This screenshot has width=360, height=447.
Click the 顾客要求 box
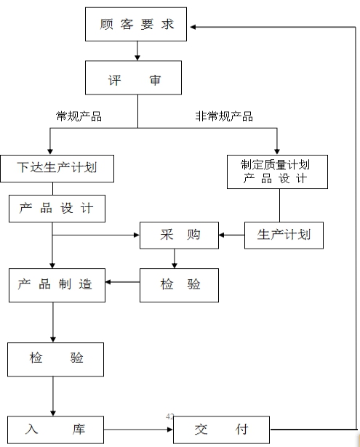(x=136, y=24)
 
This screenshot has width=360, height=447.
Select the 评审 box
(x=133, y=78)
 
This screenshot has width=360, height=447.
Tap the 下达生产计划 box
(x=57, y=169)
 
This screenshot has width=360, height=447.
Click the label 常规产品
(x=79, y=116)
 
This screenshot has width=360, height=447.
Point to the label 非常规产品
(x=224, y=116)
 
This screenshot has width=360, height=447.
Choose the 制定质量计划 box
(x=277, y=172)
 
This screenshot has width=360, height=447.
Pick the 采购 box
(x=179, y=235)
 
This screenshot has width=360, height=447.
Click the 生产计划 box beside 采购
(x=284, y=235)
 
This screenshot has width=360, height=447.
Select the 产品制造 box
(x=57, y=285)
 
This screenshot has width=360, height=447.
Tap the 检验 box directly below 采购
(x=179, y=285)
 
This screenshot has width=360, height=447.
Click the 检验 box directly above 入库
(x=55, y=360)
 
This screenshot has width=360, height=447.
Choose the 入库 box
(x=55, y=430)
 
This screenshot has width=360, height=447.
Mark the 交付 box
(x=221, y=430)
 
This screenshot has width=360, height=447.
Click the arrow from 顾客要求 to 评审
(x=137, y=51)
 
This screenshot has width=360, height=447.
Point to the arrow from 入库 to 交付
(x=138, y=430)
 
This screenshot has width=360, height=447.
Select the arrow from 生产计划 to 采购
(x=231, y=235)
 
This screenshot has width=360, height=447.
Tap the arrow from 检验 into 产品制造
(x=122, y=282)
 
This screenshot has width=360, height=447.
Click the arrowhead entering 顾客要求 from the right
(x=193, y=27)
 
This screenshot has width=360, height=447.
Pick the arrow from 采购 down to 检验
(x=175, y=259)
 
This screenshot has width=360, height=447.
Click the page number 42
(x=169, y=416)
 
